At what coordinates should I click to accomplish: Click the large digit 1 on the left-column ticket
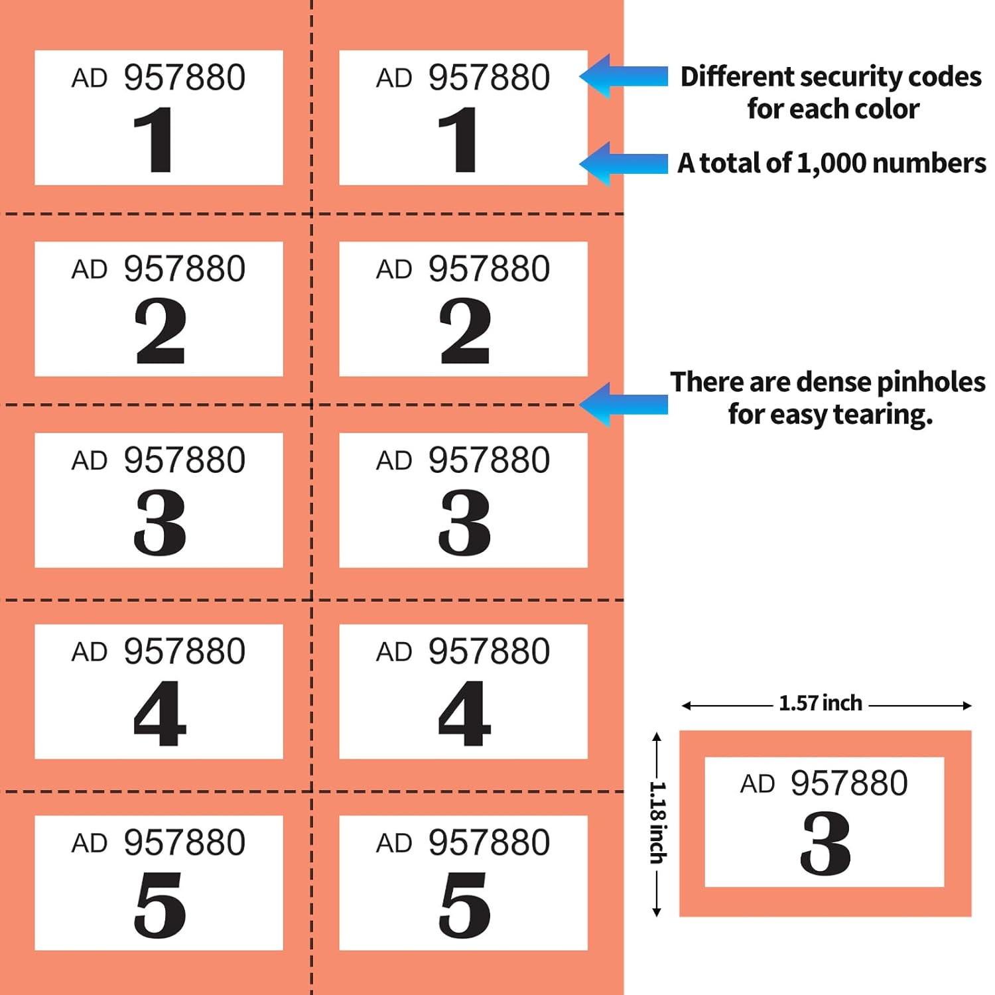click(x=154, y=140)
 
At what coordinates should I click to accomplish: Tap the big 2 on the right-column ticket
click(x=465, y=331)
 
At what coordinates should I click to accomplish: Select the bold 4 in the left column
click(x=160, y=714)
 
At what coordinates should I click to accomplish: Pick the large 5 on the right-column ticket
click(x=464, y=905)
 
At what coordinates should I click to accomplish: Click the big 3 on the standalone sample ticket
click(x=825, y=844)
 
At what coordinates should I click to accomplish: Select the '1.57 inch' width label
click(x=821, y=703)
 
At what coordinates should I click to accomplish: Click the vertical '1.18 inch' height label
click(x=657, y=823)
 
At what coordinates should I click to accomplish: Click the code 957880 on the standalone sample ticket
click(x=849, y=783)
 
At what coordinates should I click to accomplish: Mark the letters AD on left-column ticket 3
click(x=90, y=460)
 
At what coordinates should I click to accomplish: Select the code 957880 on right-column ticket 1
click(x=489, y=78)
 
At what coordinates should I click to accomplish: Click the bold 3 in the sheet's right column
click(x=464, y=522)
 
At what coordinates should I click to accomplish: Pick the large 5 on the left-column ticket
click(x=160, y=905)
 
